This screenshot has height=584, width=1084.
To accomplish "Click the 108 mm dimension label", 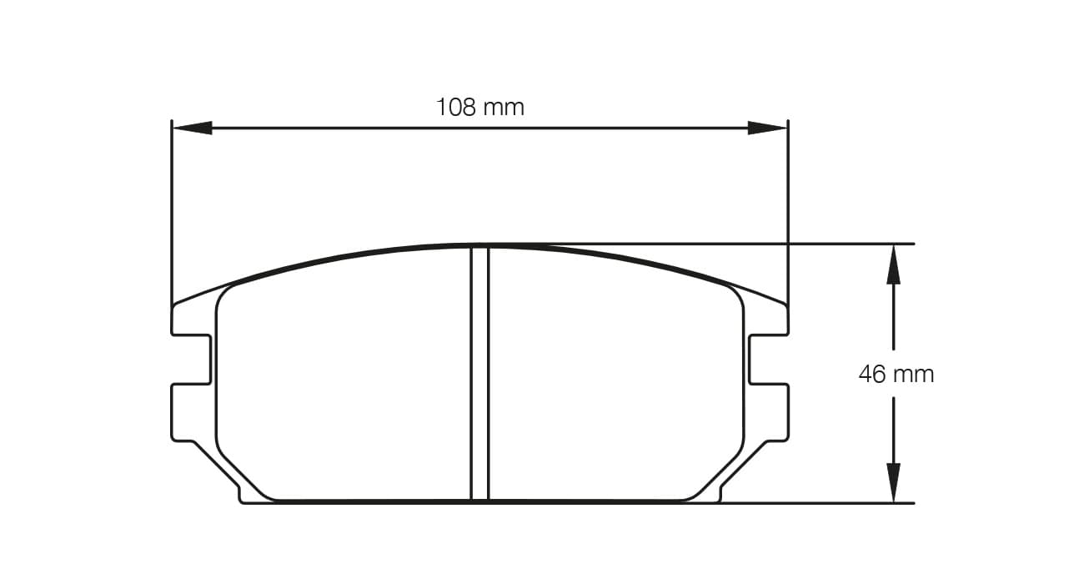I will click(479, 108).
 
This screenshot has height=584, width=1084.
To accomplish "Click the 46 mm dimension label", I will click(896, 375).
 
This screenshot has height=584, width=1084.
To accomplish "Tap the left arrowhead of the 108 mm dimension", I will click(192, 128).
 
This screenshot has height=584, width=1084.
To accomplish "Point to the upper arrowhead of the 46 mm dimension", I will click(893, 264).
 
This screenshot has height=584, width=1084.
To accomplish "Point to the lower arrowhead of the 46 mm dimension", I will click(893, 482).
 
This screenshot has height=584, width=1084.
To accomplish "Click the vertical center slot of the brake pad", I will click(479, 375).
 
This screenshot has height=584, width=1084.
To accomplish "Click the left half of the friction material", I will click(342, 384).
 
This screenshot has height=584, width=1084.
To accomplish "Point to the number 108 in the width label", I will click(455, 108).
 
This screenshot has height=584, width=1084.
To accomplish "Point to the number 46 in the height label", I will click(872, 375).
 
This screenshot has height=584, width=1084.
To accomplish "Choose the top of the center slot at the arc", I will click(479, 248).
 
